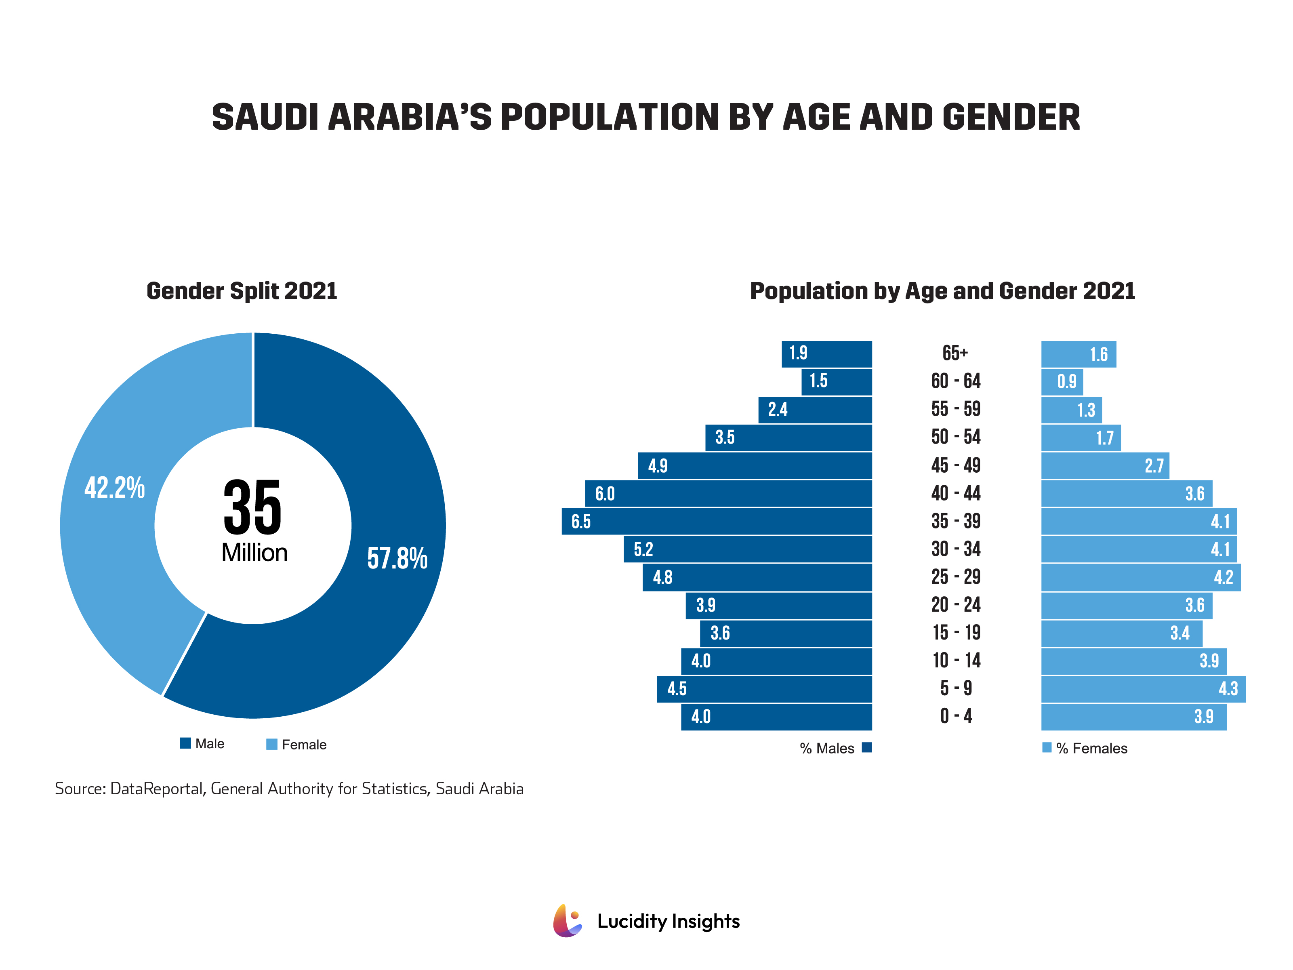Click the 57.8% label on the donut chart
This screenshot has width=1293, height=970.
pos(397,558)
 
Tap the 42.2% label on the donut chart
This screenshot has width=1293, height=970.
pos(115,488)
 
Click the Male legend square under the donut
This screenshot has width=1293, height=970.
pos(185,743)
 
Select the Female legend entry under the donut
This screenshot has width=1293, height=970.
pos(296,744)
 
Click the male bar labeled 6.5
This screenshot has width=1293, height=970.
pos(716,521)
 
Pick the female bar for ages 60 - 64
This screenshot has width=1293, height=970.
pos(1062,382)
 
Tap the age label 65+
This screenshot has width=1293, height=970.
pos(955,353)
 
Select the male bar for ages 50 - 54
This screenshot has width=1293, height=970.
pos(788,438)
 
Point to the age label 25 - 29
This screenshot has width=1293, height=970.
pos(956,577)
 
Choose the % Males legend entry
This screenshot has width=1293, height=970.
pos(835,748)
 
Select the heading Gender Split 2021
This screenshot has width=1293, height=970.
pos(242,290)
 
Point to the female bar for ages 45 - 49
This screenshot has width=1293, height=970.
pos(1105,465)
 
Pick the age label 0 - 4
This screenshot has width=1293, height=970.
pos(956,716)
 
